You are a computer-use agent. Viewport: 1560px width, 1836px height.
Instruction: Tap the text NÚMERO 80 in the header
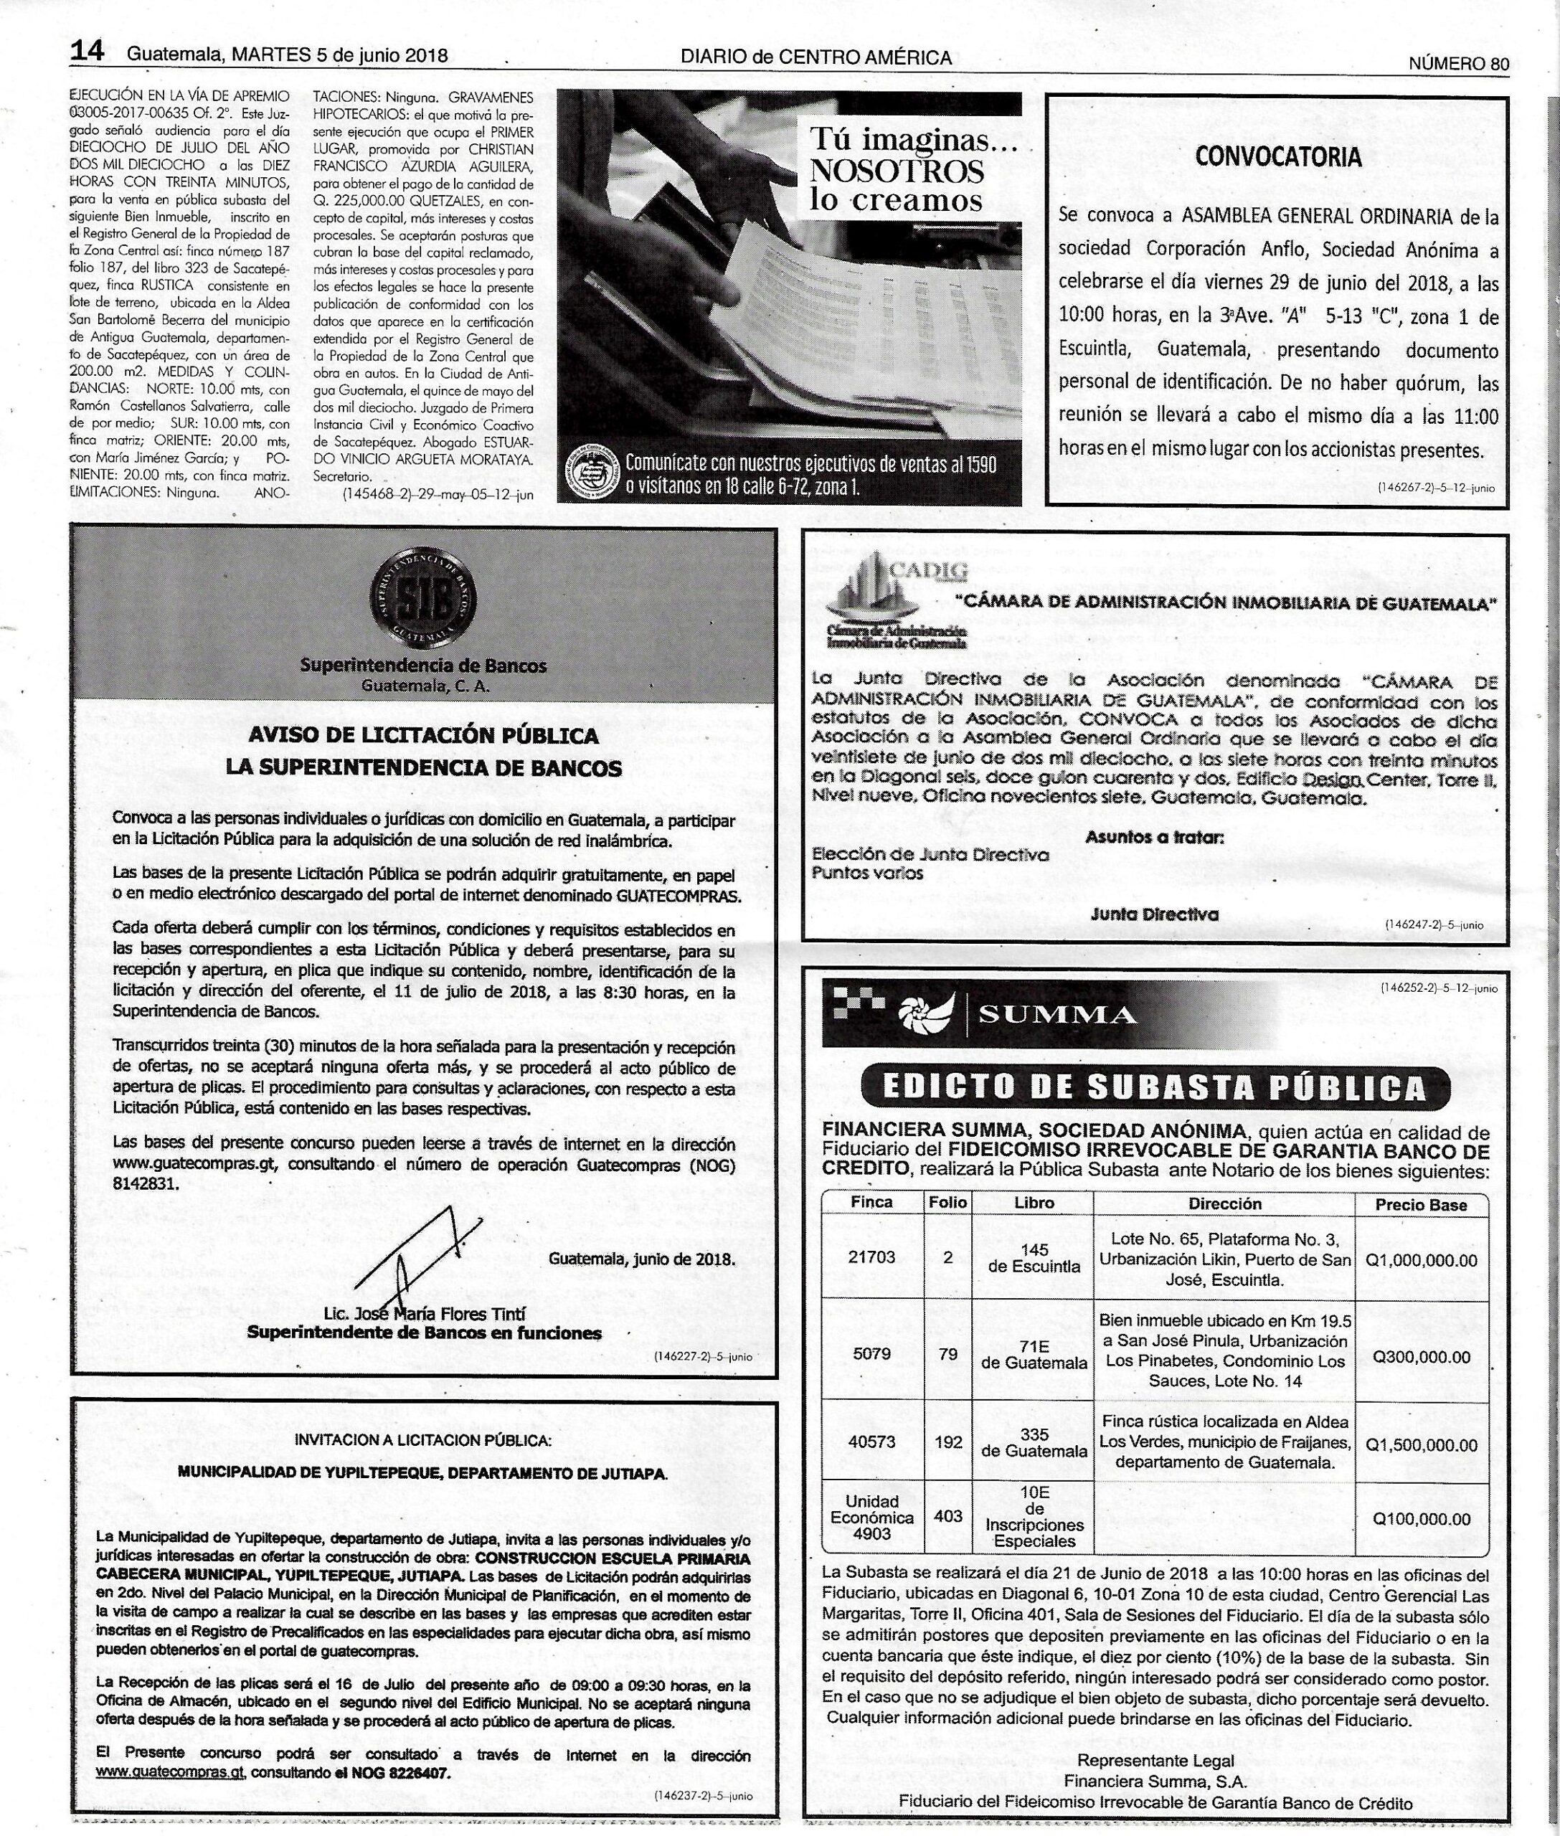coord(1458,63)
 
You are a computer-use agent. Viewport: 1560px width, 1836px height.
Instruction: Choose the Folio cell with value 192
coord(948,1442)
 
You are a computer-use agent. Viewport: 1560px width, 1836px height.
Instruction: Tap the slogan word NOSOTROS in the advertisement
coord(897,170)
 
